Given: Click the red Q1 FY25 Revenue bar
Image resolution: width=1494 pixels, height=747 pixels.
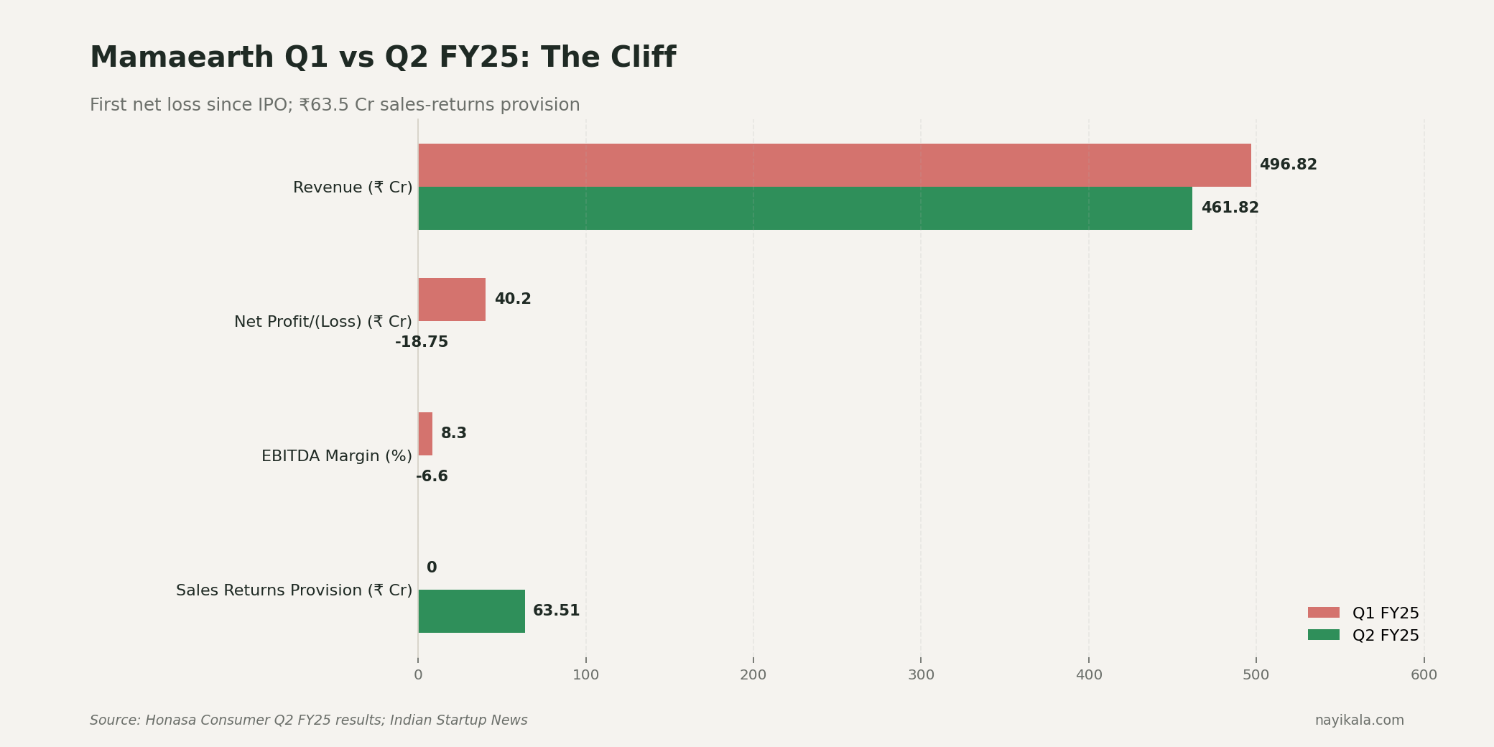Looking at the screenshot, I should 834,165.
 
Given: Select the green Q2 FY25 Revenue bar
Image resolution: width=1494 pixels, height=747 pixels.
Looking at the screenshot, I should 804,208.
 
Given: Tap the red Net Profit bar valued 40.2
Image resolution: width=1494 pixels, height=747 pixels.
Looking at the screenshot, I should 452,300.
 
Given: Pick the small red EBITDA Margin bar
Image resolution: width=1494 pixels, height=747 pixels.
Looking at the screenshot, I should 425,434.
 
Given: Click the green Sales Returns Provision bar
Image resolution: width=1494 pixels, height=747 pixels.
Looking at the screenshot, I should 471,611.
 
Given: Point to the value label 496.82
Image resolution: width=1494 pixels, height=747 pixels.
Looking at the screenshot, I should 1288,165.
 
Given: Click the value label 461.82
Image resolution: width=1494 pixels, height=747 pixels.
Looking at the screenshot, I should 1230,208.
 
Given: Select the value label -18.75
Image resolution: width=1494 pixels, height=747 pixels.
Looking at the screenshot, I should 422,343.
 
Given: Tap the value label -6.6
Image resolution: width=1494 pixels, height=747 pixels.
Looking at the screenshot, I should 432,477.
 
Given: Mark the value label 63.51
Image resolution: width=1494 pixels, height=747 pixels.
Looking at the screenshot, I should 556,611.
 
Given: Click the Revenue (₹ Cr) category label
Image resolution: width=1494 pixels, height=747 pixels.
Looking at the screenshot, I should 353,187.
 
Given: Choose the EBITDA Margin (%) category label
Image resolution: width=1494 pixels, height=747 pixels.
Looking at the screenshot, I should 336,456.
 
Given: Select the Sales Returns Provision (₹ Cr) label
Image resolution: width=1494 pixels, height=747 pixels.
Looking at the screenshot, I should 294,590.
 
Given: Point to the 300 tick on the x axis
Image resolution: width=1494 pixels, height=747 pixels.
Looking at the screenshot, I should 921,675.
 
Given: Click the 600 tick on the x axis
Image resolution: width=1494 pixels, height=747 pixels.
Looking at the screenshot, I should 1424,675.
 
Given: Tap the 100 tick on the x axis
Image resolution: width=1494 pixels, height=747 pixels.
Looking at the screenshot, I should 585,675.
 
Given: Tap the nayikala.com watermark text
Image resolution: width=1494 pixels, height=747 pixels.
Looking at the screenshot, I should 1359,720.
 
